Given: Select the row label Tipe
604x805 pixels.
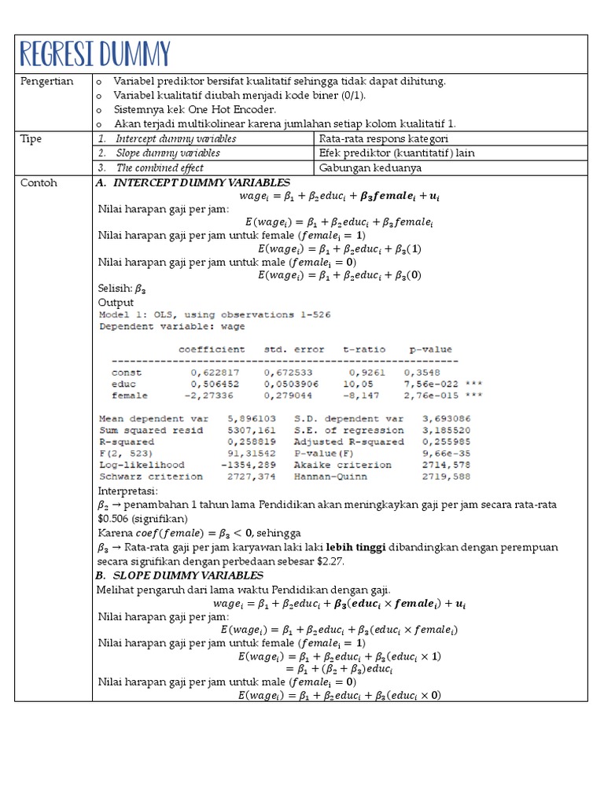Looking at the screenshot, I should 31,138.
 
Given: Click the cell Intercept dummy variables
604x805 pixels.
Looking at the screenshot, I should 175,138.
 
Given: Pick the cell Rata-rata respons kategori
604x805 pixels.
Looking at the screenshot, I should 384,138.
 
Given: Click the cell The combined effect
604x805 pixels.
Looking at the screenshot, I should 160,167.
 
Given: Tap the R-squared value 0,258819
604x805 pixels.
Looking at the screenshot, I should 232,442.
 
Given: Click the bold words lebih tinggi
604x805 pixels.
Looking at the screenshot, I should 355,548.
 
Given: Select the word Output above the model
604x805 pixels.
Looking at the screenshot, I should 116,302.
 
